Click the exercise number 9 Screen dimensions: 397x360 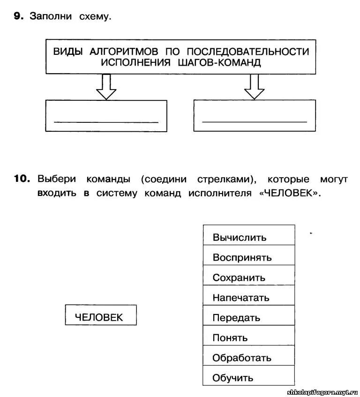point(17,16)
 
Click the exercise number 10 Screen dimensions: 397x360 point(22,179)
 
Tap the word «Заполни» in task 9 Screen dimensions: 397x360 point(51,16)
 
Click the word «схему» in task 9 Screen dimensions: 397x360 point(96,16)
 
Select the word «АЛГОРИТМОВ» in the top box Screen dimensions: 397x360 point(123,51)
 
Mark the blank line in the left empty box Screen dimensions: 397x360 point(106,122)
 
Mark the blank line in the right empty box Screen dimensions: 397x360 point(254,122)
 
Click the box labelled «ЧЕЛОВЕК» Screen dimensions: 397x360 point(101,315)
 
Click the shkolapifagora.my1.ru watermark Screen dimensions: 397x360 point(322,391)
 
